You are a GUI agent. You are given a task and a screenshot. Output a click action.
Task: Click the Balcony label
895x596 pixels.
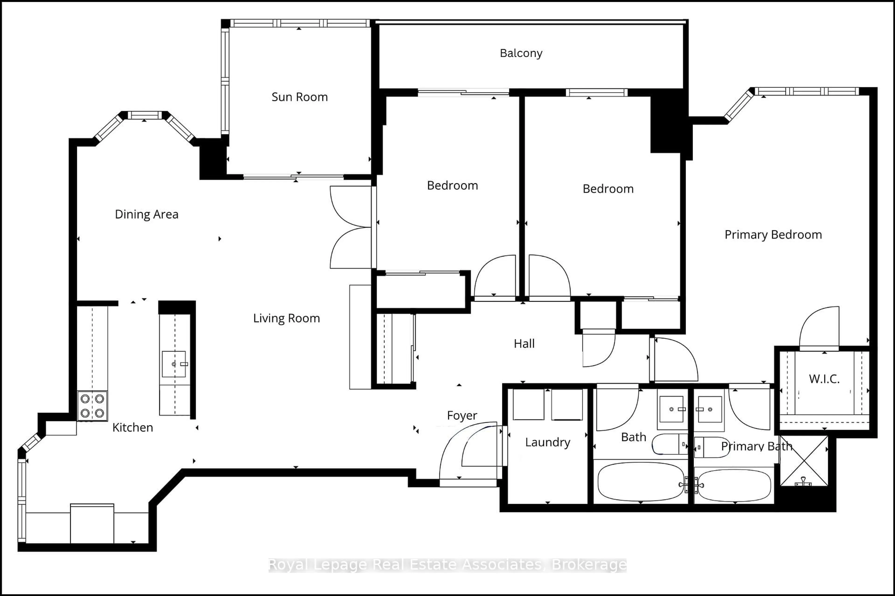(521, 53)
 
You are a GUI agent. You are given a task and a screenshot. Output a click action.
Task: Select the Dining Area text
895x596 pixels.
(147, 214)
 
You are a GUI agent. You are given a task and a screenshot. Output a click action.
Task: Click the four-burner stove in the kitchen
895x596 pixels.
(93, 406)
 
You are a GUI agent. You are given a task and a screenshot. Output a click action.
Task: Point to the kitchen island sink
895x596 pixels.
(174, 364)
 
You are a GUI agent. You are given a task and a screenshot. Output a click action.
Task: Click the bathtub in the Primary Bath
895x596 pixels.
(734, 485)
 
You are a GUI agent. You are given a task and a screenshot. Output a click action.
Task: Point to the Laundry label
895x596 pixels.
(547, 442)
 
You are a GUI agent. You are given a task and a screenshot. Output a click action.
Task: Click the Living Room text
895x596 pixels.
(286, 318)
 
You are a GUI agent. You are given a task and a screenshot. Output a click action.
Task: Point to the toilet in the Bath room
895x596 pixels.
(670, 444)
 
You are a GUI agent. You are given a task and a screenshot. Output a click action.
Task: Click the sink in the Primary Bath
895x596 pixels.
(710, 409)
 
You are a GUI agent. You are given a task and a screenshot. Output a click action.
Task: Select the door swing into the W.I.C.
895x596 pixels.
(819, 329)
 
